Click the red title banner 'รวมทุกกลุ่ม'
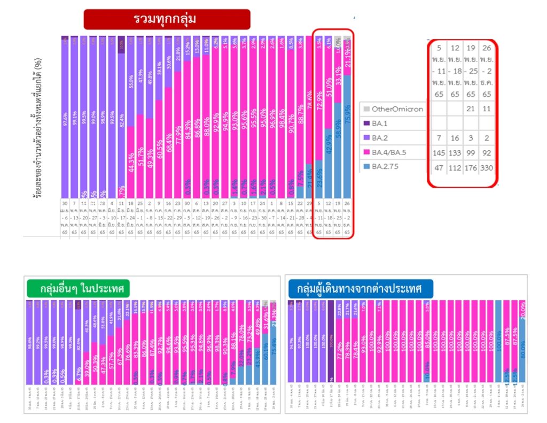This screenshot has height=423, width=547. tap(167, 19)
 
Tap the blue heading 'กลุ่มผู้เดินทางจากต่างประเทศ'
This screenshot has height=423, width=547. tap(360, 289)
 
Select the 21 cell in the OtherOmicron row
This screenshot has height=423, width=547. tap(470, 109)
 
